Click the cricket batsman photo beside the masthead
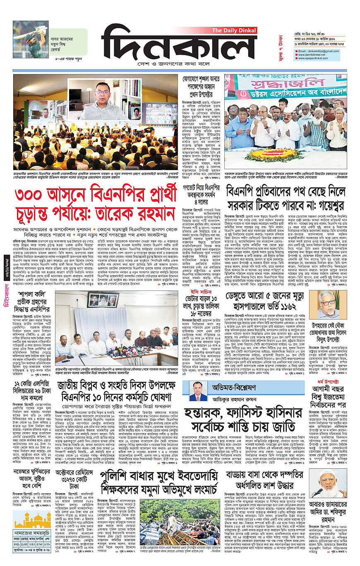click(x=30, y=39)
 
